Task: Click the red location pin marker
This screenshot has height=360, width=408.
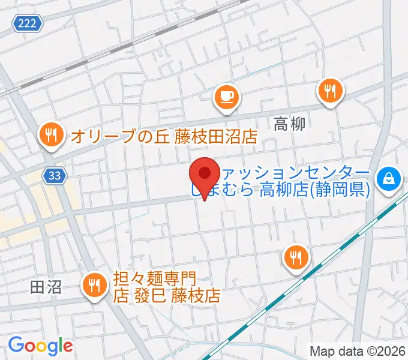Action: [x=204, y=175]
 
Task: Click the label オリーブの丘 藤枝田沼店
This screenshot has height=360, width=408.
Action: [x=163, y=136]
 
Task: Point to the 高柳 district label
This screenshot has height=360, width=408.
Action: [x=290, y=124]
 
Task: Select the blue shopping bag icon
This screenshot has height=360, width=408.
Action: [x=388, y=178]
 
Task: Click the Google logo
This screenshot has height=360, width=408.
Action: [x=40, y=345]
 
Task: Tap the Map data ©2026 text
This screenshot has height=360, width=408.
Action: [x=358, y=350]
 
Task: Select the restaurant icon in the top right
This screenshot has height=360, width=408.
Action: [x=329, y=91]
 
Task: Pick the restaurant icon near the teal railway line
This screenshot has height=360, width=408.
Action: [x=296, y=258]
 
